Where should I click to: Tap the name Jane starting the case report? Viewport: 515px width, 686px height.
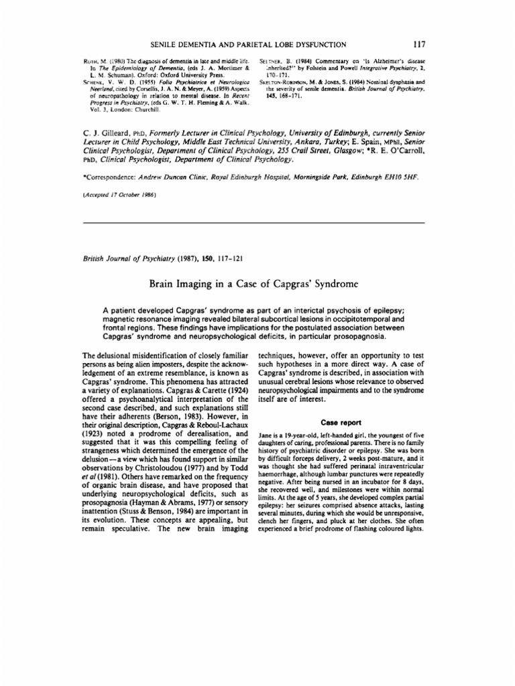click(266, 435)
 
